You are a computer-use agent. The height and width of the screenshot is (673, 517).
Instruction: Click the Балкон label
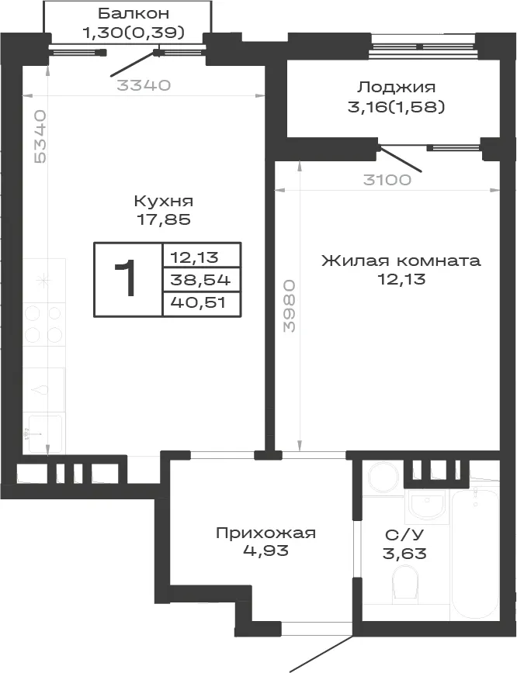134,14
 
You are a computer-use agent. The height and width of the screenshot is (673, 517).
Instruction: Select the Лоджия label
396,87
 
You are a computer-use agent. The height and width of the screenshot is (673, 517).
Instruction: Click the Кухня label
164,201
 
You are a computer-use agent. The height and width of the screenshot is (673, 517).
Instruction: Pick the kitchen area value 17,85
164,219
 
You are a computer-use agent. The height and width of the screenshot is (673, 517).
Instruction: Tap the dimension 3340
144,85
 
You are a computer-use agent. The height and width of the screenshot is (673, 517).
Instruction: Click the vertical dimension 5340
40,136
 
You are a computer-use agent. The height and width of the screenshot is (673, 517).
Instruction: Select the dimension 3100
387,180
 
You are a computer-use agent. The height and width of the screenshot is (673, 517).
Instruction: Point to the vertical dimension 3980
290,305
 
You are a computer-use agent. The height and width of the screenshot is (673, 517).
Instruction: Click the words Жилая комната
401,261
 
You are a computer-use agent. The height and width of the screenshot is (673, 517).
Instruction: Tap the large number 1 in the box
126,278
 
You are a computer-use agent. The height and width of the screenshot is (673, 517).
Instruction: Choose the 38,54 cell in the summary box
201,280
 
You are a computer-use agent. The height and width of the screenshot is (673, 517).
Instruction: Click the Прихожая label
265,533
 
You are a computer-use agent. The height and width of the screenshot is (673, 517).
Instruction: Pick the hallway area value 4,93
265,550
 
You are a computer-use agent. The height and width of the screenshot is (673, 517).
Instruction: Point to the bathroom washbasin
426,505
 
